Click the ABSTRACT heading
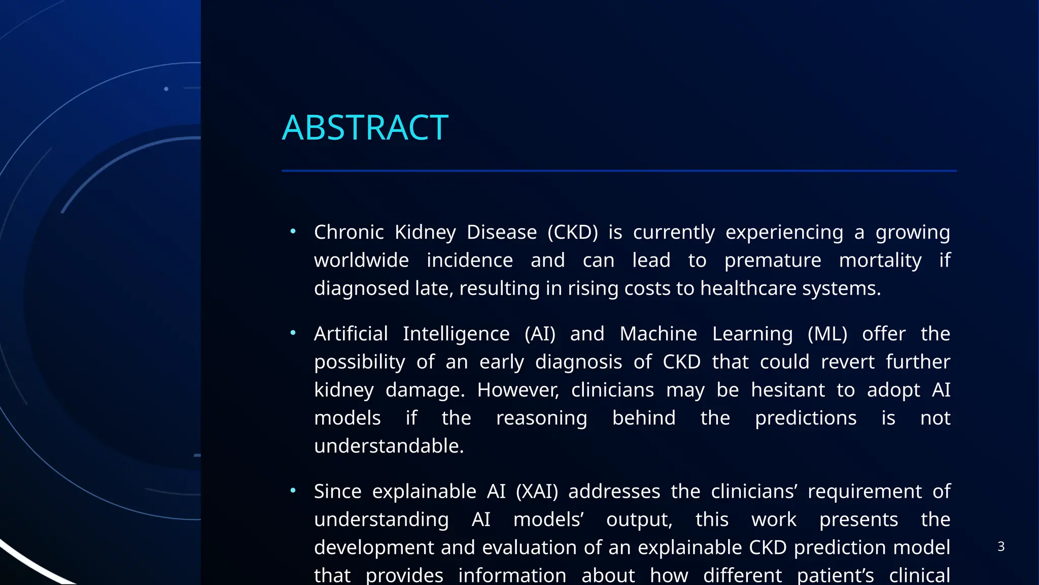click(x=365, y=127)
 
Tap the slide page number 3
click(x=1000, y=546)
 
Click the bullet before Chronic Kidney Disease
click(x=293, y=232)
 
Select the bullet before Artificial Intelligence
click(x=293, y=333)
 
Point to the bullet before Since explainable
click(x=293, y=491)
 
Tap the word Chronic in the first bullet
click(x=349, y=233)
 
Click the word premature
click(x=772, y=261)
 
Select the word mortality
click(x=880, y=261)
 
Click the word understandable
click(x=389, y=446)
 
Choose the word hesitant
click(x=788, y=390)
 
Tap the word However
click(x=518, y=390)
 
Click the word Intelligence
click(x=456, y=334)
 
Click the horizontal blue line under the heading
click(x=619, y=171)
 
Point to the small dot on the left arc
click(x=166, y=89)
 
